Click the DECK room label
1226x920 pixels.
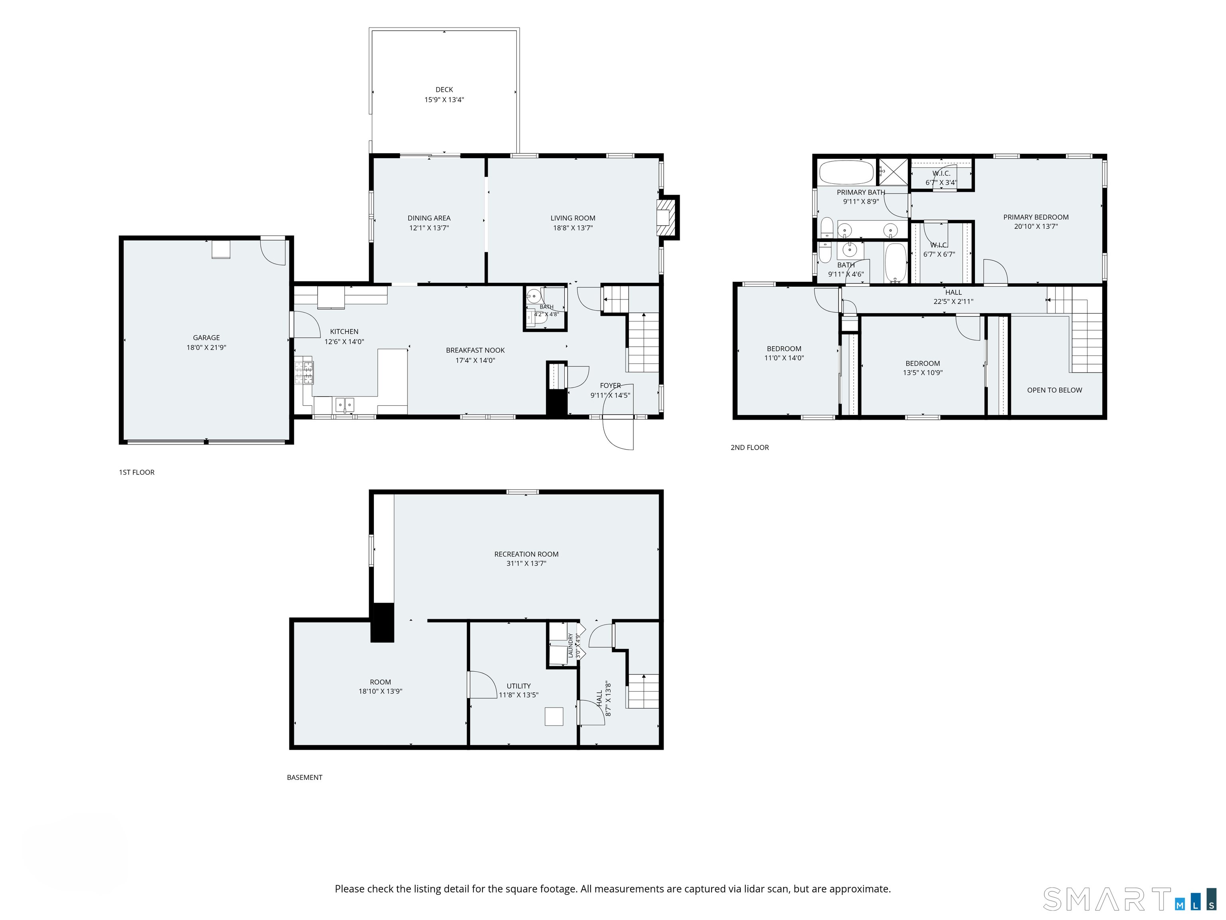[444, 89]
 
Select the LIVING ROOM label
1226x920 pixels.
[573, 218]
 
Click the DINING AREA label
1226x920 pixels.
[429, 218]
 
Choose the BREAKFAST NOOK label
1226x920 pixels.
[475, 350]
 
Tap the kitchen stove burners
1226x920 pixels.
[304, 373]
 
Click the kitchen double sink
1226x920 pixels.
[345, 405]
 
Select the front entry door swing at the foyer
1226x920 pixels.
[617, 432]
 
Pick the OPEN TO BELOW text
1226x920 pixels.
[1054, 390]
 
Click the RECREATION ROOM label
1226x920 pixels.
[526, 554]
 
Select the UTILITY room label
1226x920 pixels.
[518, 686]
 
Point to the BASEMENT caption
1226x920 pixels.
[304, 777]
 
